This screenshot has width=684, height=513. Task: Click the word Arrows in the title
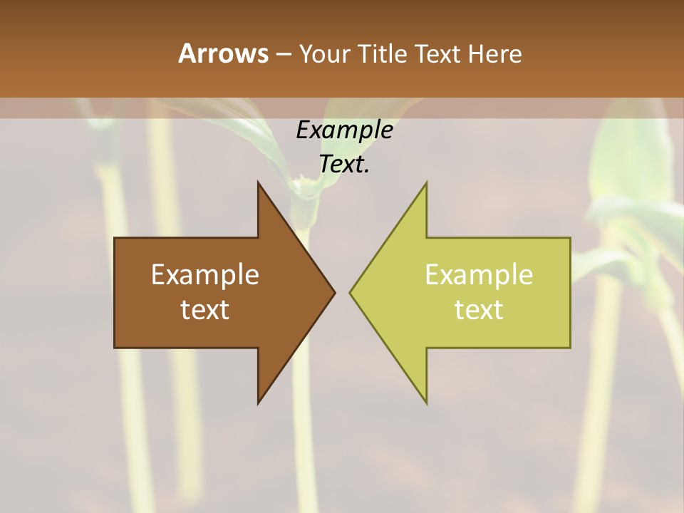(222, 53)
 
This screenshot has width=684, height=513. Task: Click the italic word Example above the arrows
(344, 130)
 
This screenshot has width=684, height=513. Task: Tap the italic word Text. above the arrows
(344, 165)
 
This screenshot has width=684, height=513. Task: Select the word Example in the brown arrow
(205, 275)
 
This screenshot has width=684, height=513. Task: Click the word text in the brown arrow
(205, 310)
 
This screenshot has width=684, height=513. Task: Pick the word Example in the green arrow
(479, 275)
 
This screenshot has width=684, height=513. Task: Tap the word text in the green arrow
(479, 310)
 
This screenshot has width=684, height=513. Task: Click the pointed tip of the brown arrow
(335, 293)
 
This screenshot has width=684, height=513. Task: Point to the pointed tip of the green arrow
(350, 293)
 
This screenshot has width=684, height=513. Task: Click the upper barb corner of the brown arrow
(258, 182)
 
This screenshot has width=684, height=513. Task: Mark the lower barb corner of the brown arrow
(258, 403)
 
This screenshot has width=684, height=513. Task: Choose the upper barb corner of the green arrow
(427, 182)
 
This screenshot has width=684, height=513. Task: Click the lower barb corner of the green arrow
(427, 403)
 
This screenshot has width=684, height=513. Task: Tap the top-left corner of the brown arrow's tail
(115, 238)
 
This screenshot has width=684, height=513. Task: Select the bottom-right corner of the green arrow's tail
(570, 348)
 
